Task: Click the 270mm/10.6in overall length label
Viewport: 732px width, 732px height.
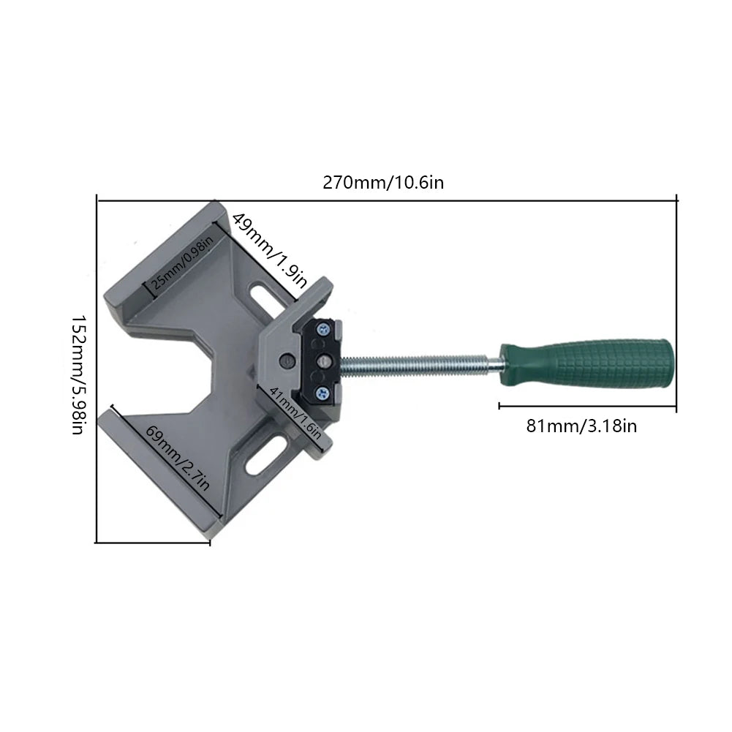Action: pyautogui.click(x=383, y=183)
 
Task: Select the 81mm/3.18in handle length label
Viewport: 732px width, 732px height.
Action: pyautogui.click(x=581, y=426)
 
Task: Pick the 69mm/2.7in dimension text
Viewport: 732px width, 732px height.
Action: pyautogui.click(x=178, y=458)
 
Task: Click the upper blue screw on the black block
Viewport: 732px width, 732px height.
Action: pyautogui.click(x=324, y=331)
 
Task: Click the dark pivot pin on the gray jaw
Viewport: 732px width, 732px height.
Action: pyautogui.click(x=287, y=359)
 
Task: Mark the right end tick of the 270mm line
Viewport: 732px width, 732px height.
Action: pyautogui.click(x=676, y=199)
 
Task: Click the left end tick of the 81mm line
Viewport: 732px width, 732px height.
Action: pyautogui.click(x=499, y=404)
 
